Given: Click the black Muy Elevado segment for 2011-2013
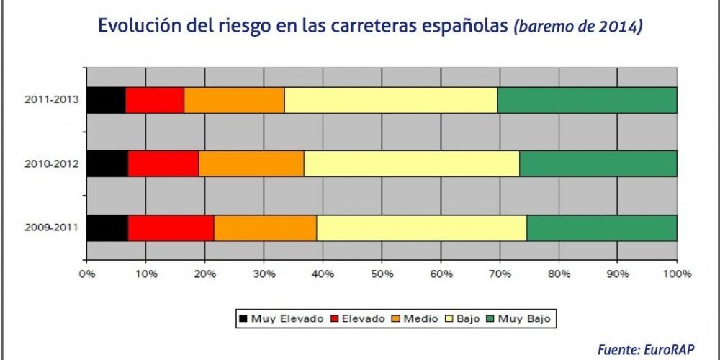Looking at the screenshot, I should (x=106, y=100).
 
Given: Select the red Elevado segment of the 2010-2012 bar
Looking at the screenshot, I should (x=163, y=164).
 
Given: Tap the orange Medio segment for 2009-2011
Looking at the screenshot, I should (x=265, y=228).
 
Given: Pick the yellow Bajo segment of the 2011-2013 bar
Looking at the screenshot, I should (x=390, y=100).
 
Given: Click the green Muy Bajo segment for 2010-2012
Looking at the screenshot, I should (x=598, y=164).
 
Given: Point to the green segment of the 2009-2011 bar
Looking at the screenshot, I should (x=601, y=228).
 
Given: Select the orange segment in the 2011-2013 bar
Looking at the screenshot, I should (x=234, y=100).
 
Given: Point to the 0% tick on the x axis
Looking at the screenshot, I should (x=87, y=274).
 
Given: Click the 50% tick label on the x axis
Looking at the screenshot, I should (x=382, y=274).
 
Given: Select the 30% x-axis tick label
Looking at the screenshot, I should (x=264, y=274).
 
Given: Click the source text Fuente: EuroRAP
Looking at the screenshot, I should (x=646, y=348).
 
